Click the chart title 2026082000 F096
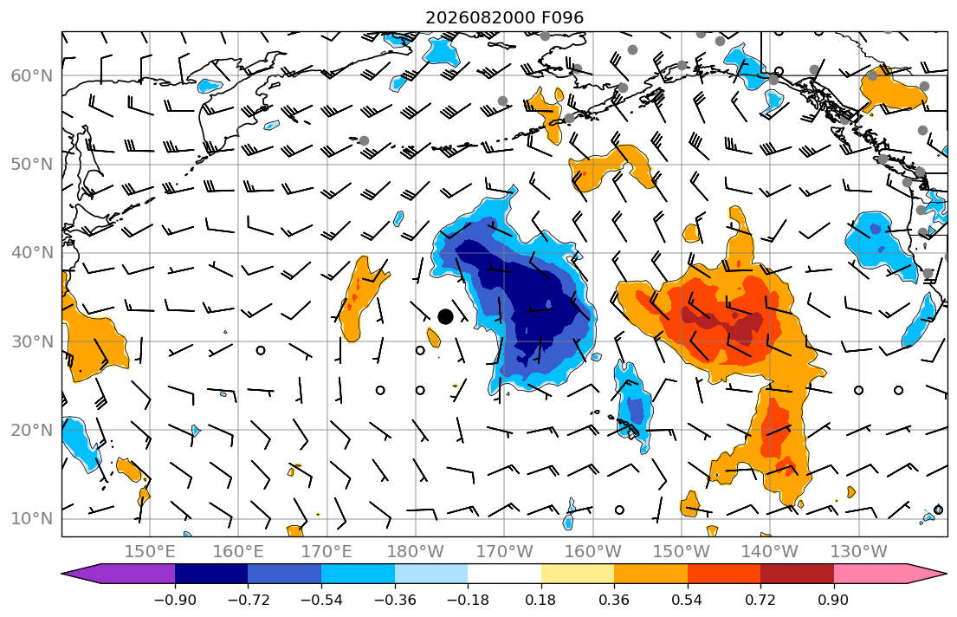pos(504,17)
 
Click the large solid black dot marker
pos(445,316)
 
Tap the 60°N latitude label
pos(32,75)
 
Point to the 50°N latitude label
pos(32,165)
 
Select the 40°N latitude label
pos(32,253)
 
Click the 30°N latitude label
pos(32,341)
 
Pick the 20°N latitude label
pos(32,430)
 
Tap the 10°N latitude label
pos(32,519)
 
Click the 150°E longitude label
pos(150,552)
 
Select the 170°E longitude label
pos(327,552)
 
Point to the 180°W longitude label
pos(416,552)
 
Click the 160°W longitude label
pos(592,552)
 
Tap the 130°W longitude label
pos(859,552)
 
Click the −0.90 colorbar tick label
pos(175,600)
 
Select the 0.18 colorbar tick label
pos(540,600)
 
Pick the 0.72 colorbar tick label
pos(760,600)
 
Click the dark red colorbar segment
pos(797,574)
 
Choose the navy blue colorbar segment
pos(212,574)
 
